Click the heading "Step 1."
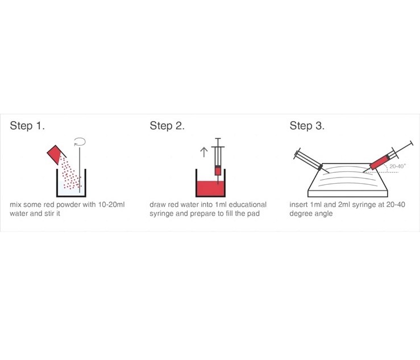pyautogui.click(x=27, y=126)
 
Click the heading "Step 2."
pyautogui.click(x=167, y=126)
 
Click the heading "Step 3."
pyautogui.click(x=307, y=126)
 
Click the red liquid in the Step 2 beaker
pyautogui.click(x=209, y=188)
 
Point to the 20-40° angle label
pyautogui.click(x=398, y=167)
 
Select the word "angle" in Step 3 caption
pyautogui.click(x=323, y=214)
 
